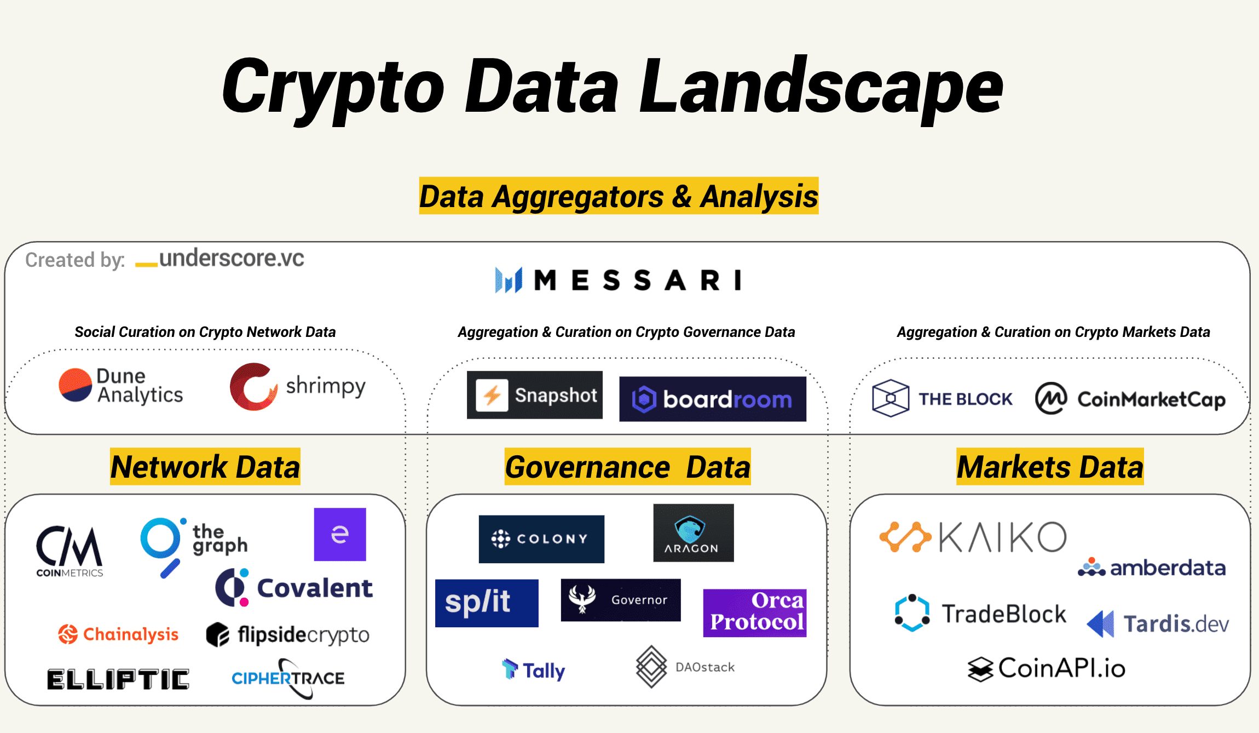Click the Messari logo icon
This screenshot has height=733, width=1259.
coord(509,280)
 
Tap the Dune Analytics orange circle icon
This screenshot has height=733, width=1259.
coord(76,385)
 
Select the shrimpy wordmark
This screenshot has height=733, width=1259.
coord(326,387)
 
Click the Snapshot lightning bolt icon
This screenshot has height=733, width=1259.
coord(492,395)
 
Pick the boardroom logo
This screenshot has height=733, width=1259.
coord(713,399)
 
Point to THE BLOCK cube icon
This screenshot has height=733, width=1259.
coord(891,398)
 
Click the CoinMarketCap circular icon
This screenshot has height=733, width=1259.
coord(1051,398)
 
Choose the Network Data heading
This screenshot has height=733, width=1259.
coord(205,467)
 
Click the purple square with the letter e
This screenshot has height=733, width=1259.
coord(340,534)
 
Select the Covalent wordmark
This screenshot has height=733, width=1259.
coord(315,588)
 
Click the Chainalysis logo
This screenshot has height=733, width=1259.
coord(118,634)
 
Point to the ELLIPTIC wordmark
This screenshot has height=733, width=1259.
coord(118,679)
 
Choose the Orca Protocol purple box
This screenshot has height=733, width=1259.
coord(755,613)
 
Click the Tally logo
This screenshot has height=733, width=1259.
coord(534,669)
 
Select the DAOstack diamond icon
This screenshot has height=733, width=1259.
coord(651,667)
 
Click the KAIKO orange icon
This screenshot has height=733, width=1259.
coord(905,537)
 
